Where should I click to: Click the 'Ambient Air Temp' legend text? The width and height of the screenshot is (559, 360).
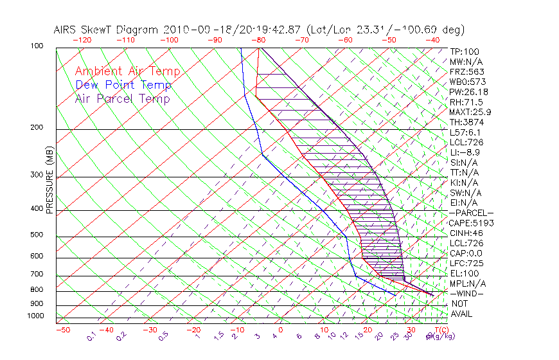tap(127, 71)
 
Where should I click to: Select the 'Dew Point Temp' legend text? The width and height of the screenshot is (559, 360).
tap(123, 85)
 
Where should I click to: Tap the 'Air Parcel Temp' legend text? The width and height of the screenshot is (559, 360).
tap(123, 98)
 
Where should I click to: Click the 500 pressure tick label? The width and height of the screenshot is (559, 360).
tap(37, 235)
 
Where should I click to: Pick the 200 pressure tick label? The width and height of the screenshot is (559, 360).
tap(37, 128)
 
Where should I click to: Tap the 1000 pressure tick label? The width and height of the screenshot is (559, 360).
tap(35, 316)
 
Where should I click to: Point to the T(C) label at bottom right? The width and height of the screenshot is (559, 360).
tap(441, 330)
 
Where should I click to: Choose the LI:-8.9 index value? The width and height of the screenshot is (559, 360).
tap(465, 152)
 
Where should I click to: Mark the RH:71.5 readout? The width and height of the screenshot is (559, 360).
tap(465, 102)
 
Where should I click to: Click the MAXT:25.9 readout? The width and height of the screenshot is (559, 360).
tap(469, 113)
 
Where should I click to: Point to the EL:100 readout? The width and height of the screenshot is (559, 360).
tap(463, 273)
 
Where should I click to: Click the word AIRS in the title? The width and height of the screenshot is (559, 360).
tap(66, 30)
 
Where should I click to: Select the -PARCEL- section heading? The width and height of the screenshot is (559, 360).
tap(471, 213)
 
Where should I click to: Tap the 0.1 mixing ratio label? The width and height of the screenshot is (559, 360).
tap(92, 336)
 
